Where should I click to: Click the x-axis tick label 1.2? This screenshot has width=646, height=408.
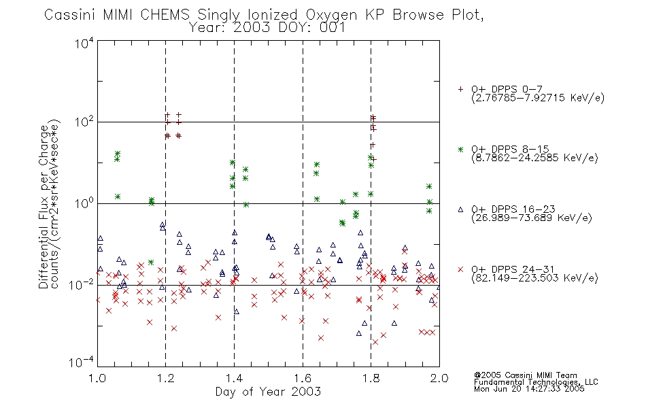(166, 378)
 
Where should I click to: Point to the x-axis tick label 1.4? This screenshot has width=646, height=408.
(234, 378)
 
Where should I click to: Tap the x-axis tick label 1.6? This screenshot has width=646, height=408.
(303, 378)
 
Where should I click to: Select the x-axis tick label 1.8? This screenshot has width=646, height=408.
(371, 378)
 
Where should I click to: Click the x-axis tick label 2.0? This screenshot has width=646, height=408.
(439, 378)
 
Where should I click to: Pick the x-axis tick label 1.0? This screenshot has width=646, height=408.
(97, 378)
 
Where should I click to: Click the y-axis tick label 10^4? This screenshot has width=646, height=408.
(84, 43)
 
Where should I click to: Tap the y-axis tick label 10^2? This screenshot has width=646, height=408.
(84, 122)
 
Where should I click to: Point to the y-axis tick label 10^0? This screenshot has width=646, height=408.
(84, 203)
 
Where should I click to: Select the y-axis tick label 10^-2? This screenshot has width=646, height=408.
(82, 285)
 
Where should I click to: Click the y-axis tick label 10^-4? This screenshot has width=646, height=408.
(82, 362)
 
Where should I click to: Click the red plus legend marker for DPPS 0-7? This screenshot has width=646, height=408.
(460, 89)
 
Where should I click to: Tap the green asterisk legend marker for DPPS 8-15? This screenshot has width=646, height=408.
(460, 149)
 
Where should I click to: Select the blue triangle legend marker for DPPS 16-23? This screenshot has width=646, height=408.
(460, 209)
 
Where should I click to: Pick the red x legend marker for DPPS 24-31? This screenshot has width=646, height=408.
(460, 269)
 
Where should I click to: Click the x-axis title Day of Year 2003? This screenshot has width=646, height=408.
(268, 392)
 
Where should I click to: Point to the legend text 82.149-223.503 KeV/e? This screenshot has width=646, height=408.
(534, 278)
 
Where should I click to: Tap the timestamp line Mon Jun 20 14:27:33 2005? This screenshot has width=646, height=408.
(529, 389)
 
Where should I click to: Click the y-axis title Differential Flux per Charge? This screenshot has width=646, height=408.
(44, 207)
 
